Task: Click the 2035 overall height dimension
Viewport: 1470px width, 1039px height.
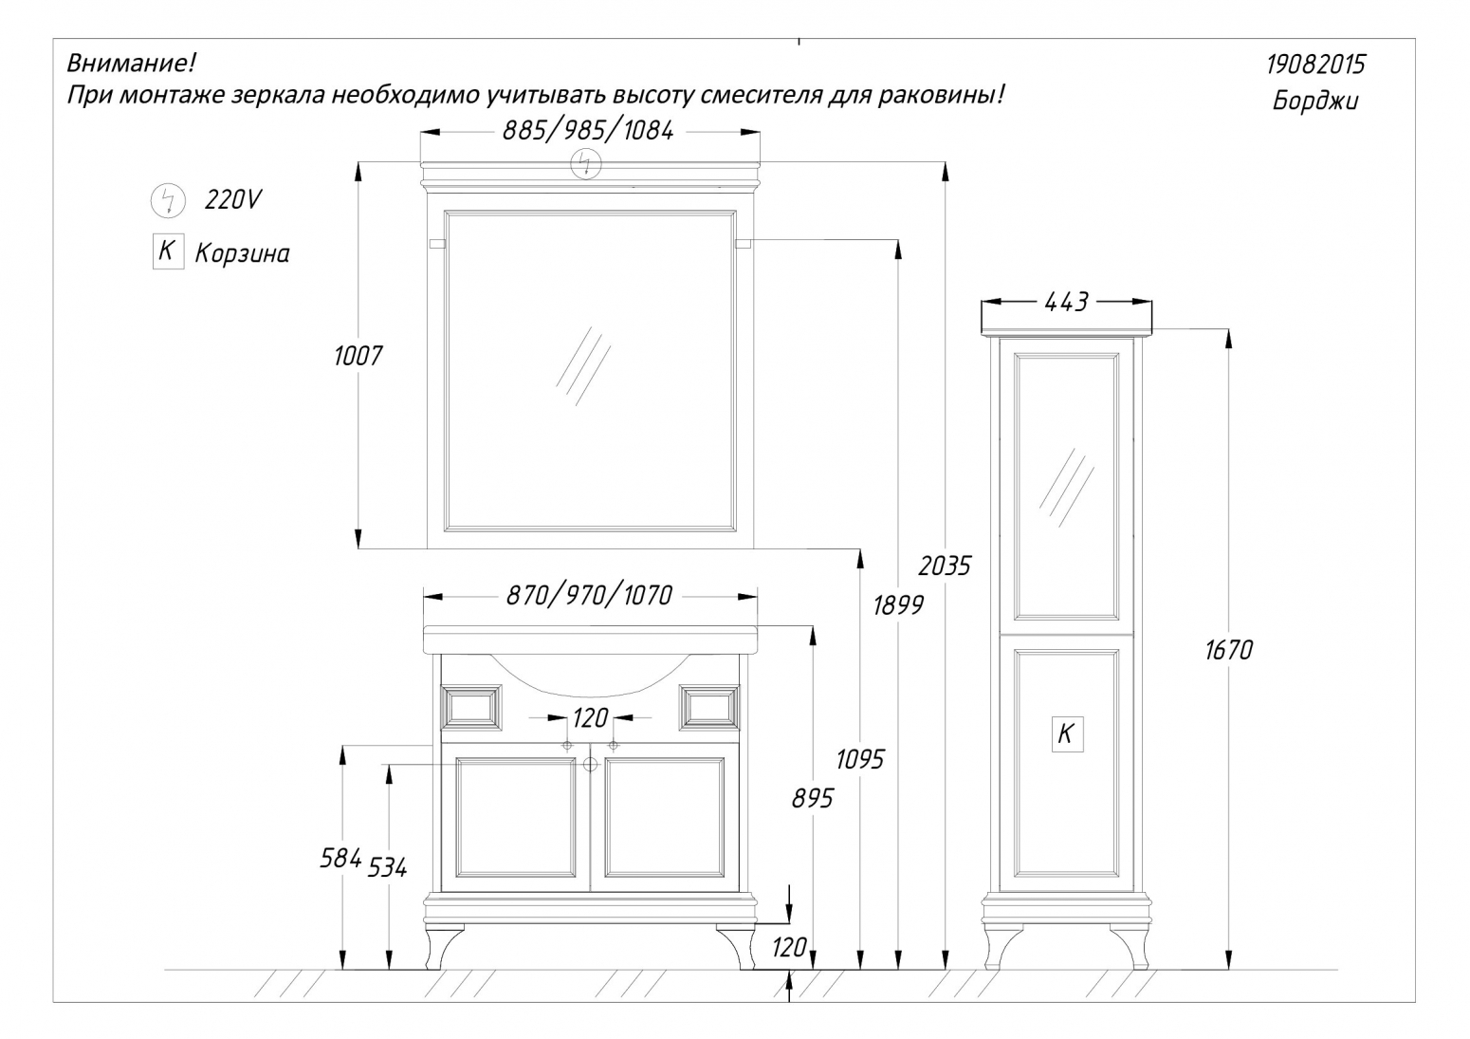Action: (944, 566)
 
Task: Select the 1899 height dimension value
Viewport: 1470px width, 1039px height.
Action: (898, 604)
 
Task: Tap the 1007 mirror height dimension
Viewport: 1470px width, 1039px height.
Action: (358, 356)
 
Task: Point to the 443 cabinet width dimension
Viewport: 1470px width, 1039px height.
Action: (1066, 302)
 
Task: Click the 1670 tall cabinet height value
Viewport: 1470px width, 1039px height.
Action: (1228, 650)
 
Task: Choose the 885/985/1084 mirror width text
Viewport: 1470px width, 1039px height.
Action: (588, 131)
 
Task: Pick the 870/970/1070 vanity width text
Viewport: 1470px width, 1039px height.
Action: (589, 596)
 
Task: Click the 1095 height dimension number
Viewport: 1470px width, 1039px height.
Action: (859, 759)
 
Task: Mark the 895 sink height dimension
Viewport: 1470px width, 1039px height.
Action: (813, 798)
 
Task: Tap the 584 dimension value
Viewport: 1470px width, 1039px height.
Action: (340, 858)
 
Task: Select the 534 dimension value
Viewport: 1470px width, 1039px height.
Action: (387, 867)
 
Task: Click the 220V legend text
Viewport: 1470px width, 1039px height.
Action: (233, 199)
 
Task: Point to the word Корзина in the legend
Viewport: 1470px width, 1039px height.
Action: (242, 253)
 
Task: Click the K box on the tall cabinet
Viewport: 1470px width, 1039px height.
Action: (1067, 733)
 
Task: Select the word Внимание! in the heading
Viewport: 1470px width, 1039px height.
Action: (131, 64)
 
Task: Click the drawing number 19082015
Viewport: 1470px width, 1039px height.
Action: (1315, 65)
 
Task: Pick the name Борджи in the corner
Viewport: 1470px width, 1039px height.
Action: (1315, 102)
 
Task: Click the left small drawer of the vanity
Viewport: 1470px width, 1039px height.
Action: (471, 708)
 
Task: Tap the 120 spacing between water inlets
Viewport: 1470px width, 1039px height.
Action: (590, 718)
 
